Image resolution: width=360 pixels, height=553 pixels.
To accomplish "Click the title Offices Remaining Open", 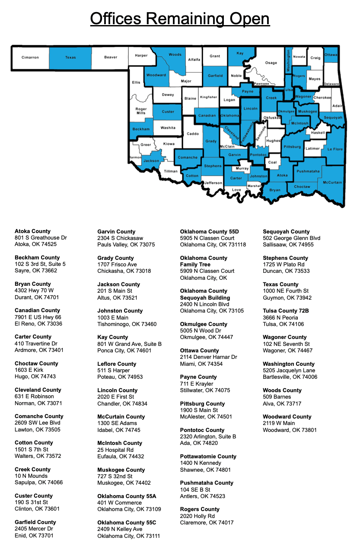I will [180, 19].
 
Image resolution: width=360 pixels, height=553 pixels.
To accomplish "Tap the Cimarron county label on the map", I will [30, 58].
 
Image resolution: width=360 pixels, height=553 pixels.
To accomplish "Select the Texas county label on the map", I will [70, 58].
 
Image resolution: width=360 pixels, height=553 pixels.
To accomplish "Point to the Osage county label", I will [271, 63].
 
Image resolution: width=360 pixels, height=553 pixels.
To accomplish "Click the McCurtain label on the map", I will [332, 182].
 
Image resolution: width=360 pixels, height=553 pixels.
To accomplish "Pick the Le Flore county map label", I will [335, 149].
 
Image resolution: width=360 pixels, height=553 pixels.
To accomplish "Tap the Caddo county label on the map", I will [193, 134].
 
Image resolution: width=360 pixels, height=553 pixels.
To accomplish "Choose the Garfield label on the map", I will [215, 76].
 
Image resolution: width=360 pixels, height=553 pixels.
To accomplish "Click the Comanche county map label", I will [188, 157].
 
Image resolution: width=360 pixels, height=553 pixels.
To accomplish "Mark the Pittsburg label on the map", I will [293, 147].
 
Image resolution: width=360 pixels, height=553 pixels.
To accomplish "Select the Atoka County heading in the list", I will [32, 231].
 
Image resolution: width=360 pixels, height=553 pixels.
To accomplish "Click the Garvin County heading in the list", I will [116, 232].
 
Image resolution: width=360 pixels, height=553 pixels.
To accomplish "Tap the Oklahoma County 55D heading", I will [209, 232].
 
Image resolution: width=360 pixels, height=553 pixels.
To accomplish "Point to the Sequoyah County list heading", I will [286, 232].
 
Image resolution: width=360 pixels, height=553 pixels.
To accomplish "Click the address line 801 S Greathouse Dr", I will [41, 238].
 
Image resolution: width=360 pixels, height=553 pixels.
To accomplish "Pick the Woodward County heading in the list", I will [287, 417].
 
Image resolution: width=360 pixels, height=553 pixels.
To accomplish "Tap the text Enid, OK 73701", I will [34, 535].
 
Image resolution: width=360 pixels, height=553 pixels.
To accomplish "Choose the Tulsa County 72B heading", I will [286, 311].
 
